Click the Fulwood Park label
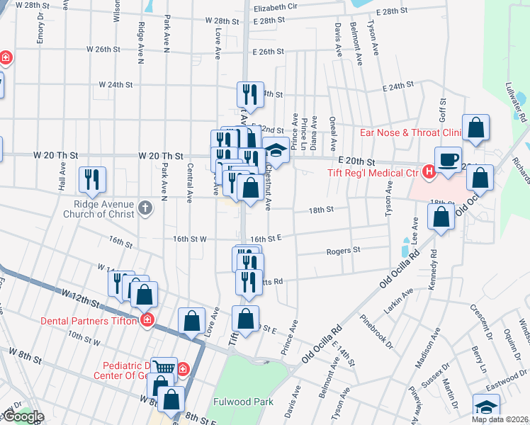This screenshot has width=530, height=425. (243, 402)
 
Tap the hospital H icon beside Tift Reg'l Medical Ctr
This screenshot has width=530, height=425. (428, 171)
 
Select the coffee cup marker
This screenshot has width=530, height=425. (448, 159)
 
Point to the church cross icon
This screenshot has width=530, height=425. (145, 208)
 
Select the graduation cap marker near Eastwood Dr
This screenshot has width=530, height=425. (487, 407)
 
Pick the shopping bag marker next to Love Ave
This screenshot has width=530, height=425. (191, 321)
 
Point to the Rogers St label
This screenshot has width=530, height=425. (344, 250)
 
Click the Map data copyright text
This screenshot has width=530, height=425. (500, 419)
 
